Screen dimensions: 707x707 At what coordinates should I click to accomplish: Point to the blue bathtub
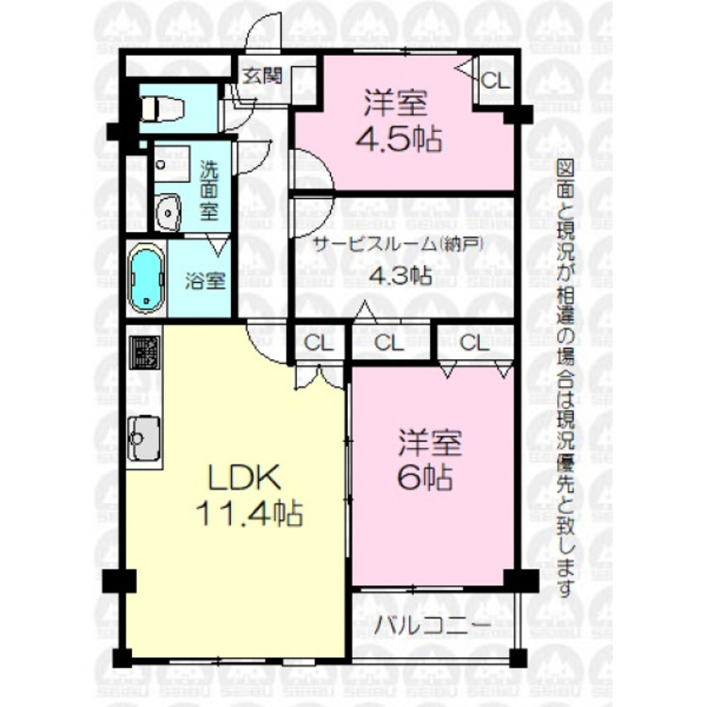pyautogui.click(x=147, y=279)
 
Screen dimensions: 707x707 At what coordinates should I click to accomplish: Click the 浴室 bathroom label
pyautogui.click(x=205, y=280)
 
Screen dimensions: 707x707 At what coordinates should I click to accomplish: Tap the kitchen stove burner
pyautogui.click(x=144, y=353)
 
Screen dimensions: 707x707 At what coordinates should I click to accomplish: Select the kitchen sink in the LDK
pyautogui.click(x=144, y=439)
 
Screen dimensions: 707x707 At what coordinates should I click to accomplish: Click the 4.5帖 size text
pyautogui.click(x=399, y=139)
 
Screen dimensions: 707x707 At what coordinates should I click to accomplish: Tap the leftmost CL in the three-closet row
pyautogui.click(x=318, y=342)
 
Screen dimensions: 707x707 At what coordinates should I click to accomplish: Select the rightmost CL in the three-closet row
pyautogui.click(x=473, y=342)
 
